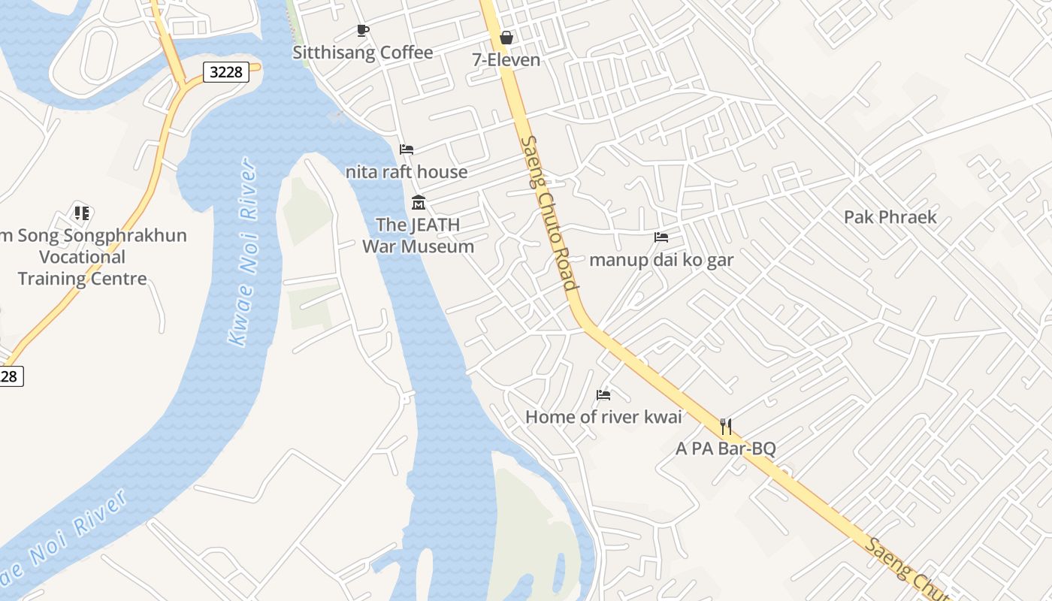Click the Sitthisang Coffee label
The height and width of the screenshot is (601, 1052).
tap(362, 53)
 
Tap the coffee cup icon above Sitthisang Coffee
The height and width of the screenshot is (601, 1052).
tap(363, 31)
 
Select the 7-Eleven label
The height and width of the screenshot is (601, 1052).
tap(506, 60)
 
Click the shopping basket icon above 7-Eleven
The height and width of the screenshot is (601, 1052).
tap(506, 38)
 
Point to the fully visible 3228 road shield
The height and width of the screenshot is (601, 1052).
tap(225, 72)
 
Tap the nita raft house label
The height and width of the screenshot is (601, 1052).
tap(407, 172)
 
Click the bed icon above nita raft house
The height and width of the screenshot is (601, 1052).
tap(407, 149)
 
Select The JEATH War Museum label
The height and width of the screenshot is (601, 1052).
tap(419, 235)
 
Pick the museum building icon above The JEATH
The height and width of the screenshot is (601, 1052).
tap(419, 203)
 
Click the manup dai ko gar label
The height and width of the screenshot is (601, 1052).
tap(661, 260)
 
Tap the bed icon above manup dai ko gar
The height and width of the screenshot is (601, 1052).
tap(661, 237)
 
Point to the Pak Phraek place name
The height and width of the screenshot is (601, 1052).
tap(890, 217)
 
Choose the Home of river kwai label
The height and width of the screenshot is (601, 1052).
tap(603, 417)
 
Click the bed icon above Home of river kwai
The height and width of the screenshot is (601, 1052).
tap(603, 395)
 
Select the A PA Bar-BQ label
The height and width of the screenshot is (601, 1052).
tap(726, 449)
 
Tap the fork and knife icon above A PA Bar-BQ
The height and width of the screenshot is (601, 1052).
tap(726, 427)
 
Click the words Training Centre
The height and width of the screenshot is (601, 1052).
tap(83, 279)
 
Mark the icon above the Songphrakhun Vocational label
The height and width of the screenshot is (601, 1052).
tap(82, 213)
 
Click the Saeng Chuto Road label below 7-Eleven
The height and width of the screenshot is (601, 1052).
tap(549, 213)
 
